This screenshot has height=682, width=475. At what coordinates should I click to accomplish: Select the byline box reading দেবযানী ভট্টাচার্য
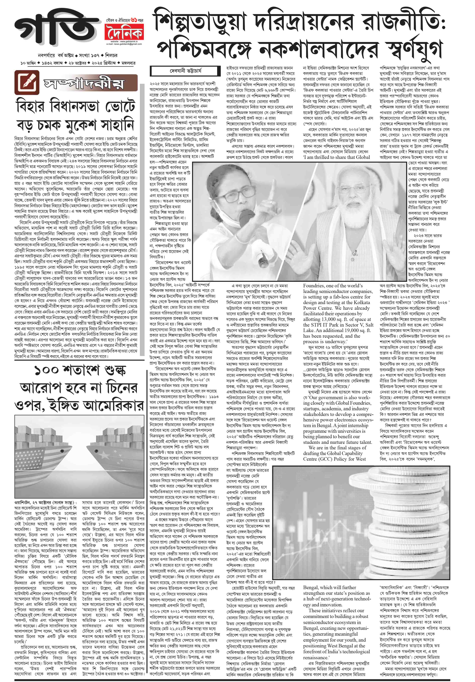pos(186,71)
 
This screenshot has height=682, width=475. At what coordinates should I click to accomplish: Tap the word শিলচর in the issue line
pos(111,55)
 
